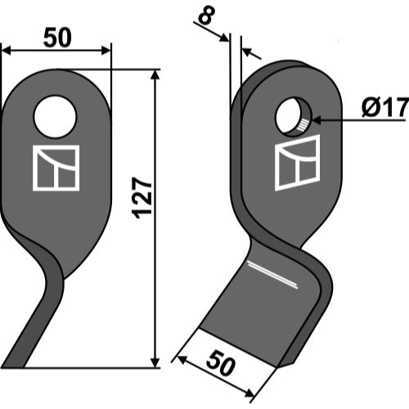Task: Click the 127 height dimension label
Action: tap(142, 198)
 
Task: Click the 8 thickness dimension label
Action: tap(207, 16)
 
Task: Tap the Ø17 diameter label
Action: tap(385, 107)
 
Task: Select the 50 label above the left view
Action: tap(57, 38)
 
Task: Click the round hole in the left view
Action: tap(55, 116)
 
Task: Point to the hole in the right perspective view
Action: tap(293, 116)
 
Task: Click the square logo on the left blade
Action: tap(56, 168)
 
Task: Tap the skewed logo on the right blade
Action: tap(297, 163)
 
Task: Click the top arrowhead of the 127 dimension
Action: tap(155, 74)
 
